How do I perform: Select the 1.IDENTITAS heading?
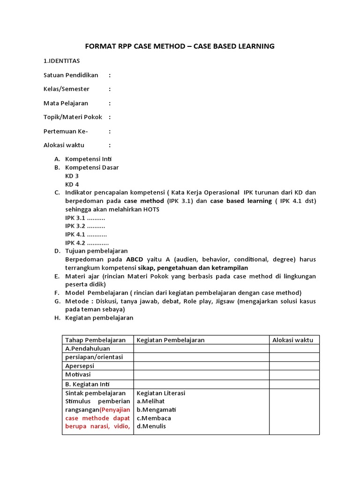tap(61, 61)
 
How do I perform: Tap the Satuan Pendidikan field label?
tap(71, 75)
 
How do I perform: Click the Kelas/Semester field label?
tap(67, 89)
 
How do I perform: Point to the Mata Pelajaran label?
tap(66, 103)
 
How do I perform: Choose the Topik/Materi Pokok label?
tap(73, 117)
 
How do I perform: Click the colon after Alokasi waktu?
tap(110, 145)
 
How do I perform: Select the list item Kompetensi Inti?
tap(88, 159)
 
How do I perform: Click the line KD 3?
tap(72, 176)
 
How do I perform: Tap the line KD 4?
tap(72, 184)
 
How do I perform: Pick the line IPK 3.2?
tap(85, 226)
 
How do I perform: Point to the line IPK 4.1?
tap(86, 234)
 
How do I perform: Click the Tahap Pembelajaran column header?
tap(95, 340)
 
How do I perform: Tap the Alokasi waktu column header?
tap(292, 340)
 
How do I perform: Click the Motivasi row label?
tap(78, 375)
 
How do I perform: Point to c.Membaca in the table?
tap(154, 418)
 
